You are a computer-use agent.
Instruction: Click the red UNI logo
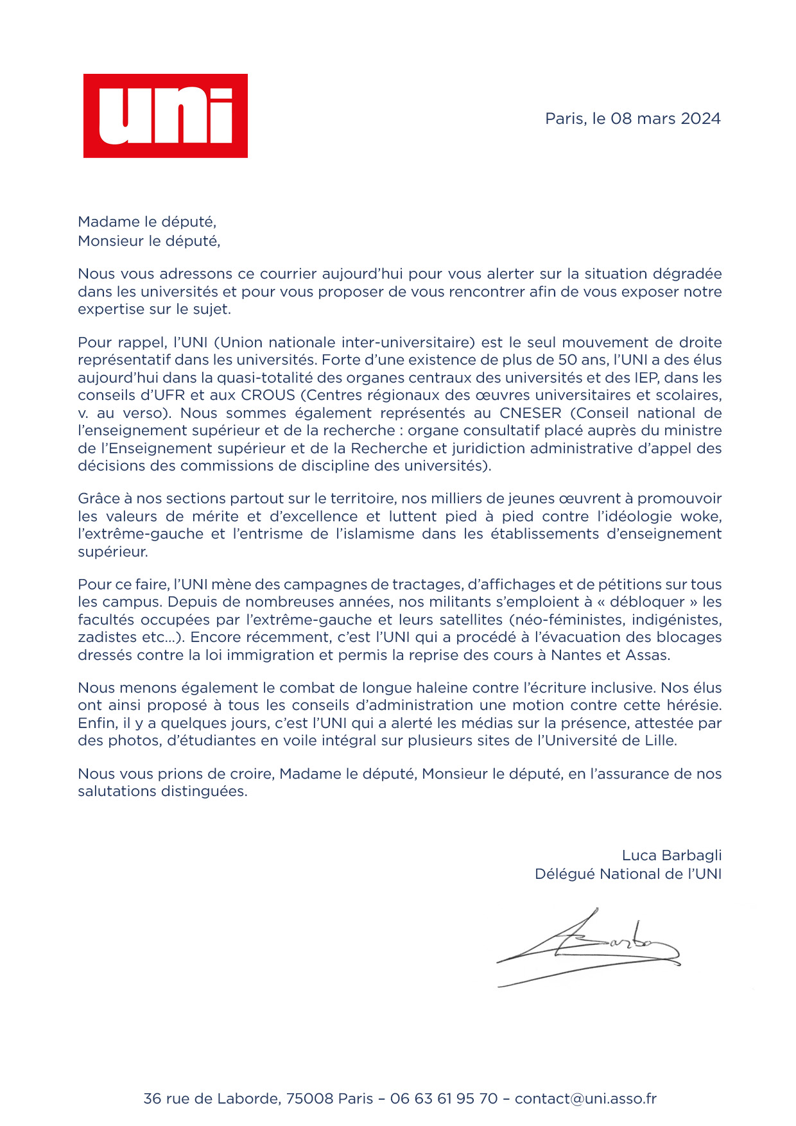pos(166,116)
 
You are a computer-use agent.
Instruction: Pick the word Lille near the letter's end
pos(659,740)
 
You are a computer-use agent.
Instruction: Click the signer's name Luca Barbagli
pos(671,855)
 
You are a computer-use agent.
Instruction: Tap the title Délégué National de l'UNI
pos(628,874)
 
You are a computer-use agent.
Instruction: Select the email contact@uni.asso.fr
pos(585,1098)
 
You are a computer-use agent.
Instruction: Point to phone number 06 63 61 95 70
pos(444,1098)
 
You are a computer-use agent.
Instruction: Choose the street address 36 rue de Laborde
pos(211,1098)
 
